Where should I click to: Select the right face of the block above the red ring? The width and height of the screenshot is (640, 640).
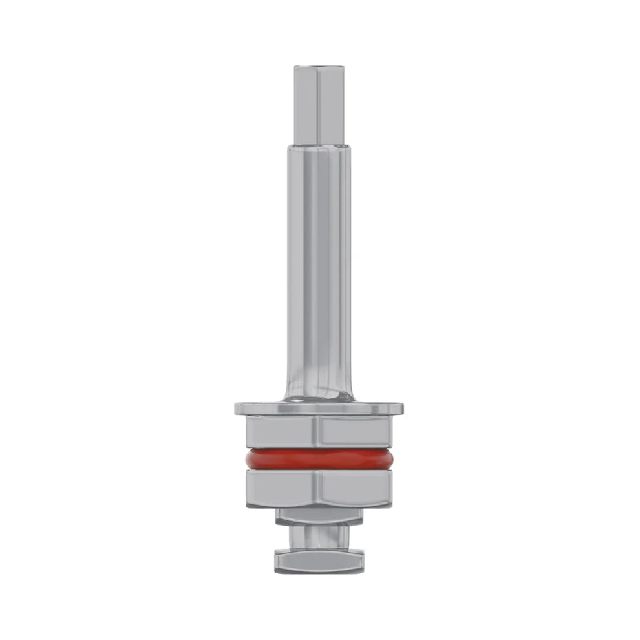(354, 431)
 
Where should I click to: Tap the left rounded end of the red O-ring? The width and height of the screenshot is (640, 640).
(244, 459)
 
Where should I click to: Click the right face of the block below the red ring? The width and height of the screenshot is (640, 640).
(354, 488)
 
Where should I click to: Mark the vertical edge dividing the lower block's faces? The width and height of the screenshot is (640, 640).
(319, 488)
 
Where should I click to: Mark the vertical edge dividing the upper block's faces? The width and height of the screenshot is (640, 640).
(319, 431)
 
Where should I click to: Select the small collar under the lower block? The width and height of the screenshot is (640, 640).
(319, 515)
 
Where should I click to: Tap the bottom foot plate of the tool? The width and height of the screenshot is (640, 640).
(319, 560)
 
